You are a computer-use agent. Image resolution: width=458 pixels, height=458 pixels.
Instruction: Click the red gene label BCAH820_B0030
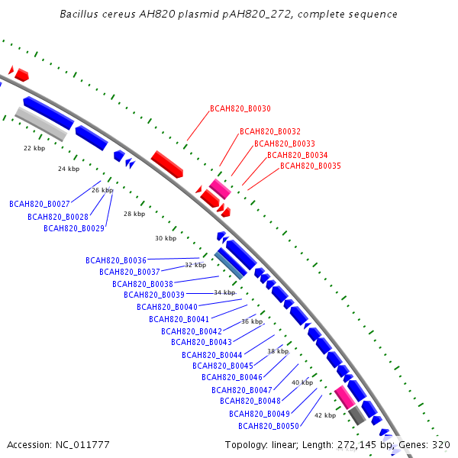pos(240,108)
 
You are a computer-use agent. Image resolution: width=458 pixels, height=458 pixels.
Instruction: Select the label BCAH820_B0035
pos(311,166)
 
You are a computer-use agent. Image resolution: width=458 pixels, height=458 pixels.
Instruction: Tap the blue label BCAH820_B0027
pos(40,204)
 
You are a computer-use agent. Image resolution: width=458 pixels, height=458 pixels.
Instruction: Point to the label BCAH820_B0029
pos(74,228)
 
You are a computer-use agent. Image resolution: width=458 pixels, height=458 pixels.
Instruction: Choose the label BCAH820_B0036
pos(116,260)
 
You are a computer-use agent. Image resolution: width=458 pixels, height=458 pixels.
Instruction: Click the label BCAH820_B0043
pos(202,342)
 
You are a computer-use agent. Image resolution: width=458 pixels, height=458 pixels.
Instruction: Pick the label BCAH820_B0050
pos(269,426)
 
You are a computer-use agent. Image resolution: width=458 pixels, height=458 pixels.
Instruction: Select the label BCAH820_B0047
pos(242,390)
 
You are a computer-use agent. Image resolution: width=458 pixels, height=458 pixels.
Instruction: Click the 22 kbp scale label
pos(34,148)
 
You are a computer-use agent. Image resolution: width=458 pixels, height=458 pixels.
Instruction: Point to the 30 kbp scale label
pos(166,238)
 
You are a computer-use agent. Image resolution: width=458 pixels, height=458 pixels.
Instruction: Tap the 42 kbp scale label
pos(325,415)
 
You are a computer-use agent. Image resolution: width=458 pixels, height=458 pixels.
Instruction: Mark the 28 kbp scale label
pos(134,214)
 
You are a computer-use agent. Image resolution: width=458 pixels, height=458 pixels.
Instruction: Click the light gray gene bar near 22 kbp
pos(41,124)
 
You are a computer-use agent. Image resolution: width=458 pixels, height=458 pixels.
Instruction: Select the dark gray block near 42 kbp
pos(357,415)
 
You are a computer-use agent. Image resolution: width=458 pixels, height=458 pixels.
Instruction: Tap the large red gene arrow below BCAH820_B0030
pos(167,164)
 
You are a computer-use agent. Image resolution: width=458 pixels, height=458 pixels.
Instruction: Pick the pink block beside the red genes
pos(220,189)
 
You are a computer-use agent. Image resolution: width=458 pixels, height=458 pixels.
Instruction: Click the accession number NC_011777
pos(82,445)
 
